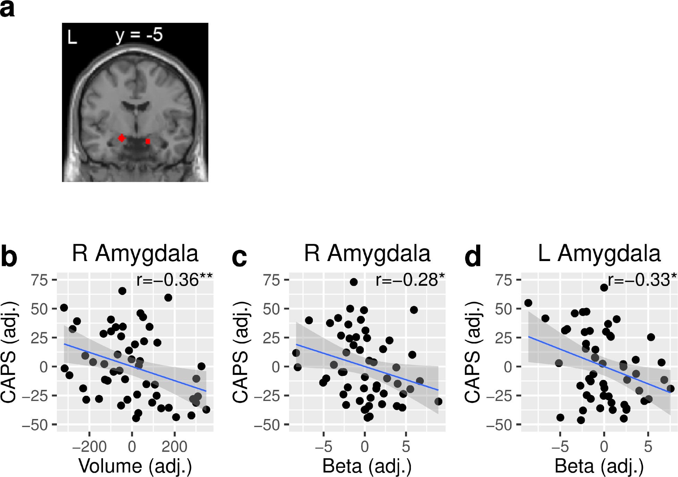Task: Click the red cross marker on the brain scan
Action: (121, 138)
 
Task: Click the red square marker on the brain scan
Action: (148, 141)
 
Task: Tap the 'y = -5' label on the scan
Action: (139, 35)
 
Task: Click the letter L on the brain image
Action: (72, 37)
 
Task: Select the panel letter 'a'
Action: (7, 9)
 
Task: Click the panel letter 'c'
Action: (239, 257)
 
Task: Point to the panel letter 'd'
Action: (473, 256)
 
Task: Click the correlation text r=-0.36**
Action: (174, 280)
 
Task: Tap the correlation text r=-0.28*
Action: (410, 280)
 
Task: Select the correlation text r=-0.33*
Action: (642, 280)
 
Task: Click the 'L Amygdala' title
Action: (599, 253)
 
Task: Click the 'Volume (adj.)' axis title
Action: (135, 466)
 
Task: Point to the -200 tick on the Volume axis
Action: (89, 446)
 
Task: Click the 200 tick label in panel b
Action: (174, 446)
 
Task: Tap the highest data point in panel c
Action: (353, 282)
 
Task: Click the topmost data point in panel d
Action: (604, 287)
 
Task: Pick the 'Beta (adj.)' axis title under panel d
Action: (599, 466)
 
